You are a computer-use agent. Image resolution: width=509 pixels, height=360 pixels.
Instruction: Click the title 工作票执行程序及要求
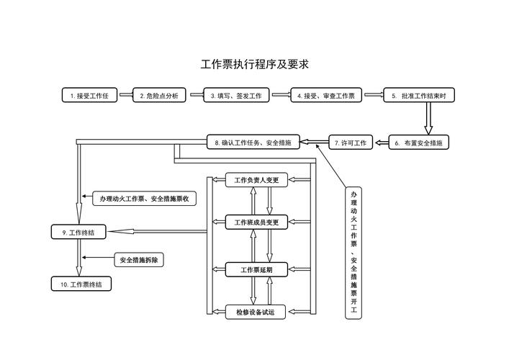[x=255, y=64]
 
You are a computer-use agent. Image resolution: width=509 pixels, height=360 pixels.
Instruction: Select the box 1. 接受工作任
[x=89, y=95]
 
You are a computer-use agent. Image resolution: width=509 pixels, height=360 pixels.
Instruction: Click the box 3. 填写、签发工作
[x=237, y=95]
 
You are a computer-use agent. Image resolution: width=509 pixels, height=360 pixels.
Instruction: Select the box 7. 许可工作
[x=351, y=143]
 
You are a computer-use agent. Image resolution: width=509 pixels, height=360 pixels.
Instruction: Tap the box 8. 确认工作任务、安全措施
[x=253, y=143]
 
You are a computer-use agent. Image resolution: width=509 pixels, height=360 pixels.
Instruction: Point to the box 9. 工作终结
[x=78, y=232]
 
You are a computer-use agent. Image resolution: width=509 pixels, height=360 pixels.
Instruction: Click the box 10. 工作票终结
[x=81, y=284]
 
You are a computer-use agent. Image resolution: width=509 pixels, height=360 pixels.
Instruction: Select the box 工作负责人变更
[x=257, y=180]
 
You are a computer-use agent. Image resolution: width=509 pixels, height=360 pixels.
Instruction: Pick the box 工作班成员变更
[x=257, y=223]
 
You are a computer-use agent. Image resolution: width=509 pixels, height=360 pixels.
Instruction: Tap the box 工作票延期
[x=257, y=269]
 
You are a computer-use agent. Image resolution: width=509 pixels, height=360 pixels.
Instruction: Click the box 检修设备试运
[x=257, y=312]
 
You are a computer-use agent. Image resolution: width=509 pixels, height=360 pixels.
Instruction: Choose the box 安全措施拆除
[x=140, y=260]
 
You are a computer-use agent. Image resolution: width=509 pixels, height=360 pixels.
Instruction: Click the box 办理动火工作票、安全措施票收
[x=144, y=198]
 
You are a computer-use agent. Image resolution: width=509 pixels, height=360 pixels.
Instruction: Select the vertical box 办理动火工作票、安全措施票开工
[x=353, y=253]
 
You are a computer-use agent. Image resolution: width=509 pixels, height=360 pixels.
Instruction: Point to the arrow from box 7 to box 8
[x=315, y=143]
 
